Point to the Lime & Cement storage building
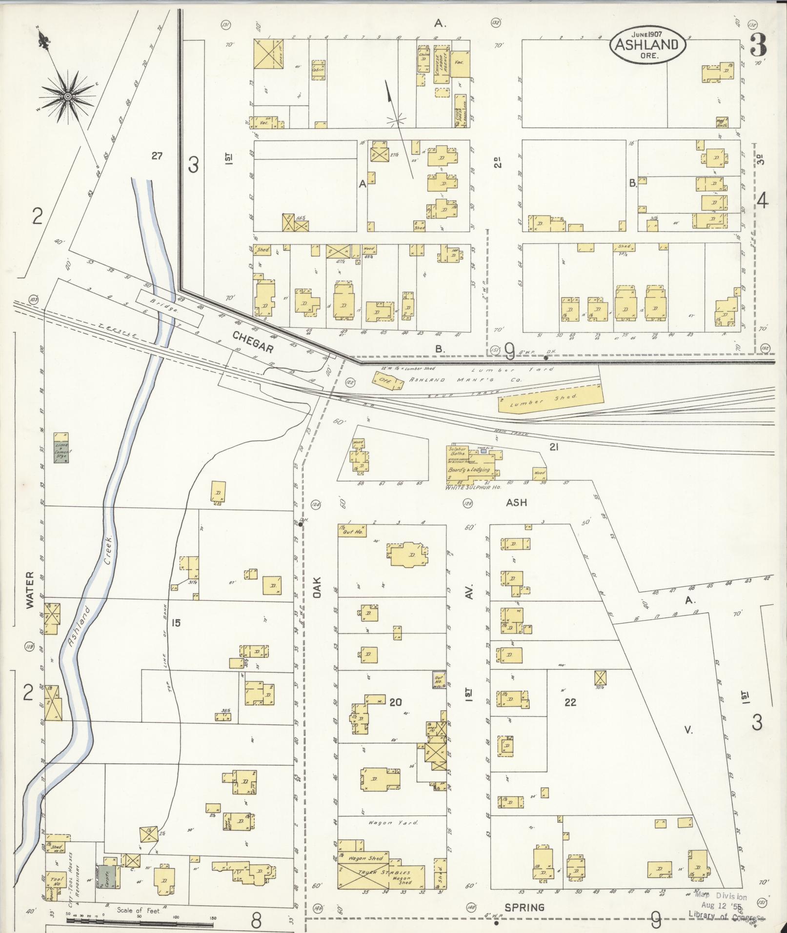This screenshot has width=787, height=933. pyautogui.click(x=62, y=447)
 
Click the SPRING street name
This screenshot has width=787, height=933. pyautogui.click(x=524, y=908)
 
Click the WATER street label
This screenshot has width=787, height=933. pyautogui.click(x=30, y=590)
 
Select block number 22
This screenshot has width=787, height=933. pyautogui.click(x=570, y=702)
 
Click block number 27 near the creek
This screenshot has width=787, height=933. pyautogui.click(x=156, y=156)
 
